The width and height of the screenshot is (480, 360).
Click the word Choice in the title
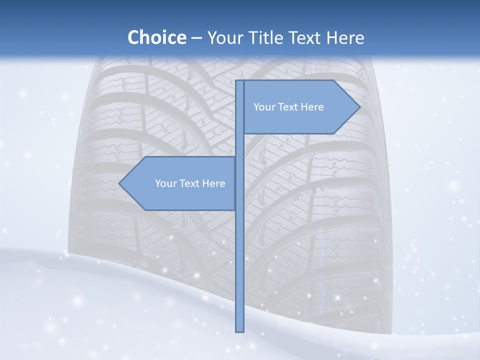pos(156,37)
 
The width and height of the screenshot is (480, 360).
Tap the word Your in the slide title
pos(225,37)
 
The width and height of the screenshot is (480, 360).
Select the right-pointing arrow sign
pos(300,107)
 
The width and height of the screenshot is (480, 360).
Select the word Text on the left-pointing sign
pos(190,183)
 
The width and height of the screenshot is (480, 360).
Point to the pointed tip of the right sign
pos(359,107)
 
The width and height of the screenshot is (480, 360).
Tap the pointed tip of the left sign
pos(120,183)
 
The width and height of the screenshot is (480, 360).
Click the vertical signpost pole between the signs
pos(240,145)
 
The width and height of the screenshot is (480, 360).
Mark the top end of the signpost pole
pos(240,81)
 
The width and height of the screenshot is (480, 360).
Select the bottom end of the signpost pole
pos(240,330)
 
